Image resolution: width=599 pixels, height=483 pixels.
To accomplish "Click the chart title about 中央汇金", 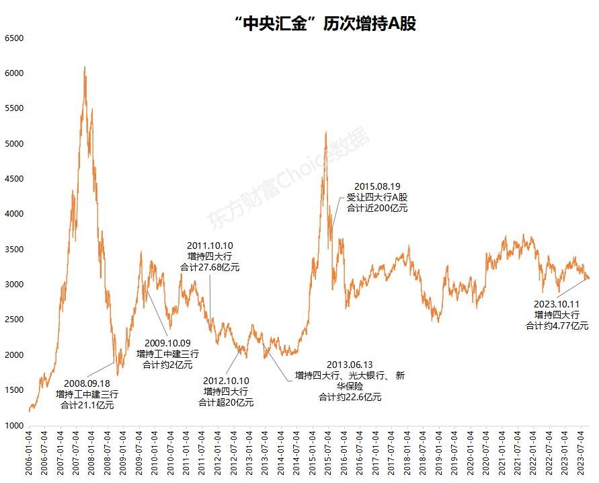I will coord(326,25).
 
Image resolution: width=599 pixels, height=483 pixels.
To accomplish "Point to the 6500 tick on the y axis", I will coord(14,38).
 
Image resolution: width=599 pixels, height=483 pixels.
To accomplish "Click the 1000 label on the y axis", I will coord(14,425).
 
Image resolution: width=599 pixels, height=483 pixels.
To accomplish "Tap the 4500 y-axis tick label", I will coord(14,179).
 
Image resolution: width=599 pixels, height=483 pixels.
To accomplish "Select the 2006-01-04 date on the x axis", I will coord(29,453).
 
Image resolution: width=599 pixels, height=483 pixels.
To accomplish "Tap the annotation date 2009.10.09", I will coord(167,342).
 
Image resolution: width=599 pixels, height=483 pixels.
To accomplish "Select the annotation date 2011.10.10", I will coord(210,246).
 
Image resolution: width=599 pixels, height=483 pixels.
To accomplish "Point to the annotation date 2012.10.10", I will coord(226,380).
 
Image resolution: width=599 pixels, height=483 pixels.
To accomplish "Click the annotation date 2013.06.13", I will coord(350,364).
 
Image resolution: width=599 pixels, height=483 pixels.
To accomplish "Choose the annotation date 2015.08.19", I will coord(377,186).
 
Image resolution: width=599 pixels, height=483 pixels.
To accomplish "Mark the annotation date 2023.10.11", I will coord(557,303).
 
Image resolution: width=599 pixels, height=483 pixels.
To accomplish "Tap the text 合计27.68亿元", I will coord(210,267).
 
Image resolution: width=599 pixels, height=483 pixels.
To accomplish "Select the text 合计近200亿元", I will coord(377,209).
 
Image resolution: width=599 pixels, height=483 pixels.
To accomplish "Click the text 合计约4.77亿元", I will coord(557,325).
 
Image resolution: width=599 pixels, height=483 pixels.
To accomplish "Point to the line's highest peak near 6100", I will coord(84,67).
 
